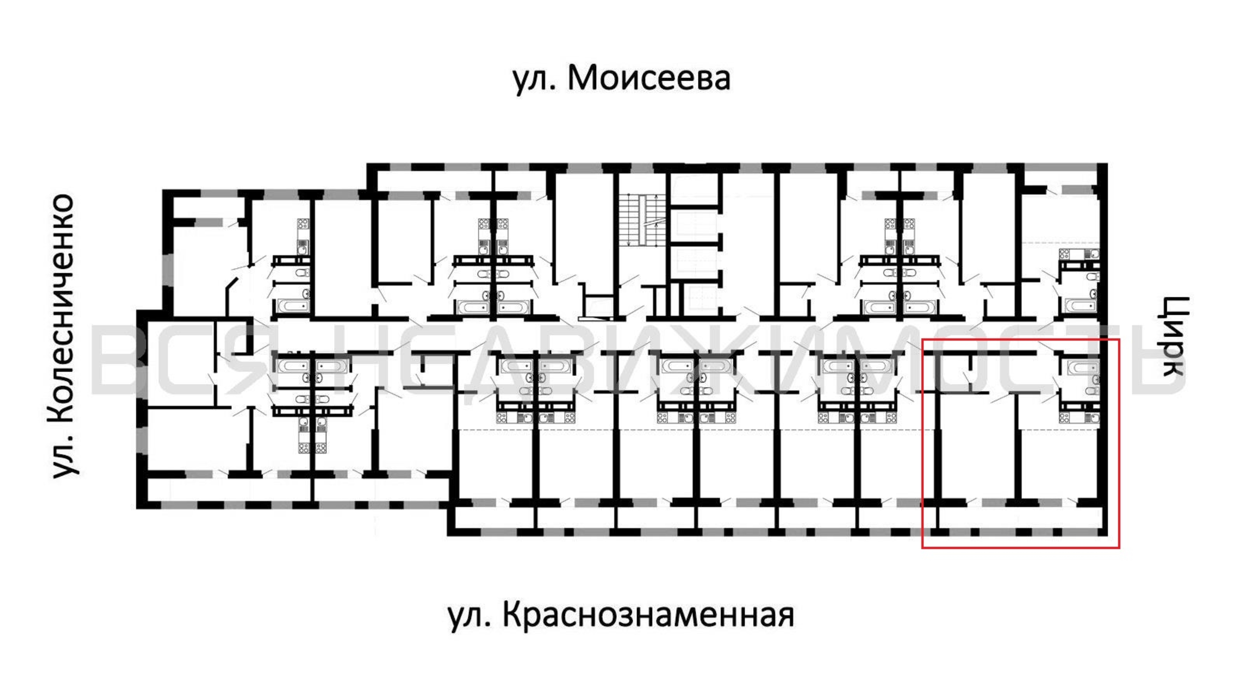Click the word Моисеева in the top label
pyautogui.click(x=648, y=79)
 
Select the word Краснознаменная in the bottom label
pyautogui.click(x=648, y=616)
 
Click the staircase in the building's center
pyautogui.click(x=641, y=220)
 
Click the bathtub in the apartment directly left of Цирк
pyautogui.click(x=1083, y=305)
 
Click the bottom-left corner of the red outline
pyautogui.click(x=923, y=548)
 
